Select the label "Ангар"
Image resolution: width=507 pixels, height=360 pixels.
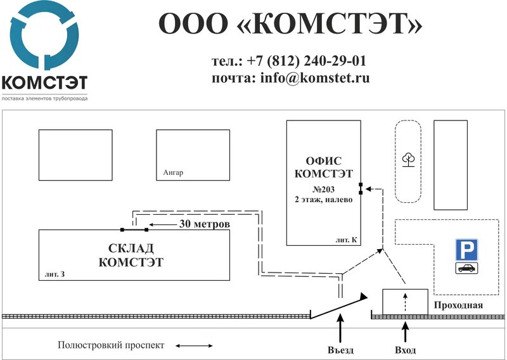click(x=173, y=173)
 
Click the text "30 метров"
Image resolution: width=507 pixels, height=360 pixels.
click(x=204, y=224)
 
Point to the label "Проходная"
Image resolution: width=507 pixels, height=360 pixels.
click(x=458, y=305)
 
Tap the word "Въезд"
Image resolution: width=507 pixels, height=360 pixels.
click(x=341, y=350)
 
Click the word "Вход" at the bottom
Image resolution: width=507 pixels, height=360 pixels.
click(x=406, y=350)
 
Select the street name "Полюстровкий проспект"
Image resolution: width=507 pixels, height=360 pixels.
click(x=111, y=345)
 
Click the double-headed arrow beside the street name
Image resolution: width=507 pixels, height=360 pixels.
click(x=195, y=346)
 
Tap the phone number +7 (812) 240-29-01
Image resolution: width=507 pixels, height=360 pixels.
click(x=307, y=61)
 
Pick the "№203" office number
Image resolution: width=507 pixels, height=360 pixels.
click(x=323, y=189)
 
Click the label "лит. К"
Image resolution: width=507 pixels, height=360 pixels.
click(x=347, y=240)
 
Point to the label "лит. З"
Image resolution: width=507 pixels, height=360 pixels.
click(x=55, y=274)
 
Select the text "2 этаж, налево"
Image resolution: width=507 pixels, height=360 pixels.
click(x=323, y=199)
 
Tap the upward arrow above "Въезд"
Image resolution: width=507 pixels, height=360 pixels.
click(x=341, y=330)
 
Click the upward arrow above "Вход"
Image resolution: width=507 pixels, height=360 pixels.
click(x=406, y=330)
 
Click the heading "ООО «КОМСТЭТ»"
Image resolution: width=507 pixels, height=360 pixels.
click(x=290, y=24)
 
